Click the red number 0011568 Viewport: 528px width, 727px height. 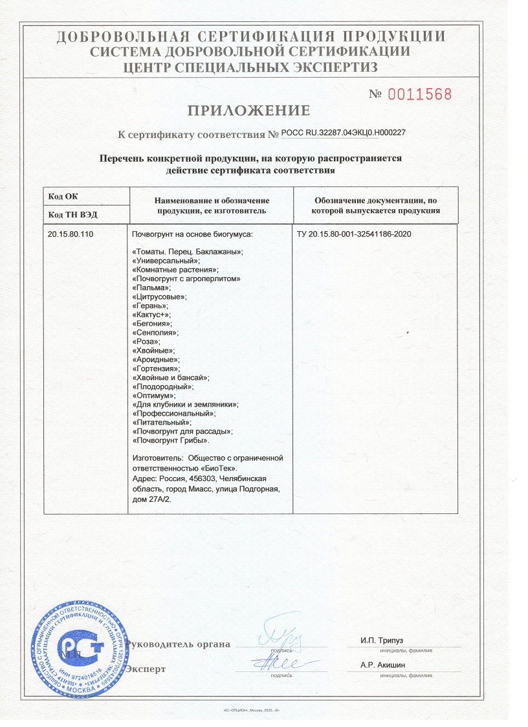[x=419, y=95]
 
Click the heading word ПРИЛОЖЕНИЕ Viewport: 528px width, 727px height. [x=249, y=110]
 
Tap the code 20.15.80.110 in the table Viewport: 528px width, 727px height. [x=71, y=233]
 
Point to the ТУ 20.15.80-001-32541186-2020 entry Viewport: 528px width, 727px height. [x=354, y=233]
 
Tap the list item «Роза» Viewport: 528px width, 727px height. [x=146, y=341]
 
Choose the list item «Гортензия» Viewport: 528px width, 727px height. [x=155, y=368]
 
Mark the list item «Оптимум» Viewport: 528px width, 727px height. [x=153, y=395]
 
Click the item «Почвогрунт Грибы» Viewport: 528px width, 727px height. [x=170, y=440]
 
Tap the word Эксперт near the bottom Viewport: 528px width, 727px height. [x=146, y=669]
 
